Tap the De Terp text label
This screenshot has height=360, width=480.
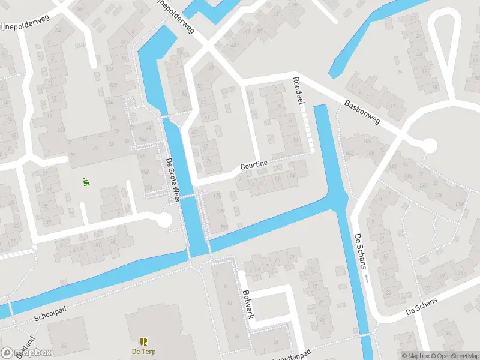pos(143,351)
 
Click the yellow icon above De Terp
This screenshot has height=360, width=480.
pos(143,341)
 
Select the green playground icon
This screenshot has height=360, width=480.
pos(86,181)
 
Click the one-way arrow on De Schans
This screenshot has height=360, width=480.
pos(365,278)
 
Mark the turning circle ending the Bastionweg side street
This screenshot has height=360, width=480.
pos(430,145)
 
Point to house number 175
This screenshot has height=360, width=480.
pos(217,196)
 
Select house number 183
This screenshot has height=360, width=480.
pos(224,227)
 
